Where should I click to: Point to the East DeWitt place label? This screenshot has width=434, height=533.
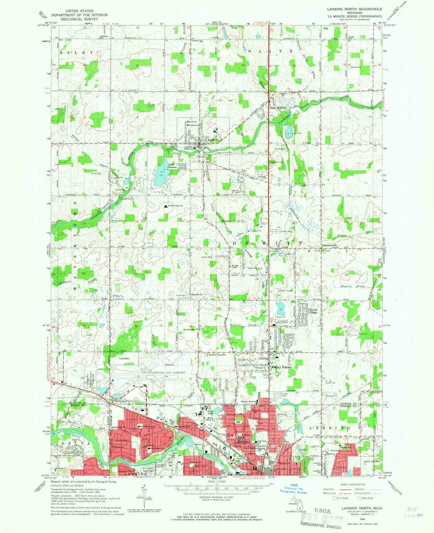[278, 108]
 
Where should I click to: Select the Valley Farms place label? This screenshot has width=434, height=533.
[282, 367]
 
